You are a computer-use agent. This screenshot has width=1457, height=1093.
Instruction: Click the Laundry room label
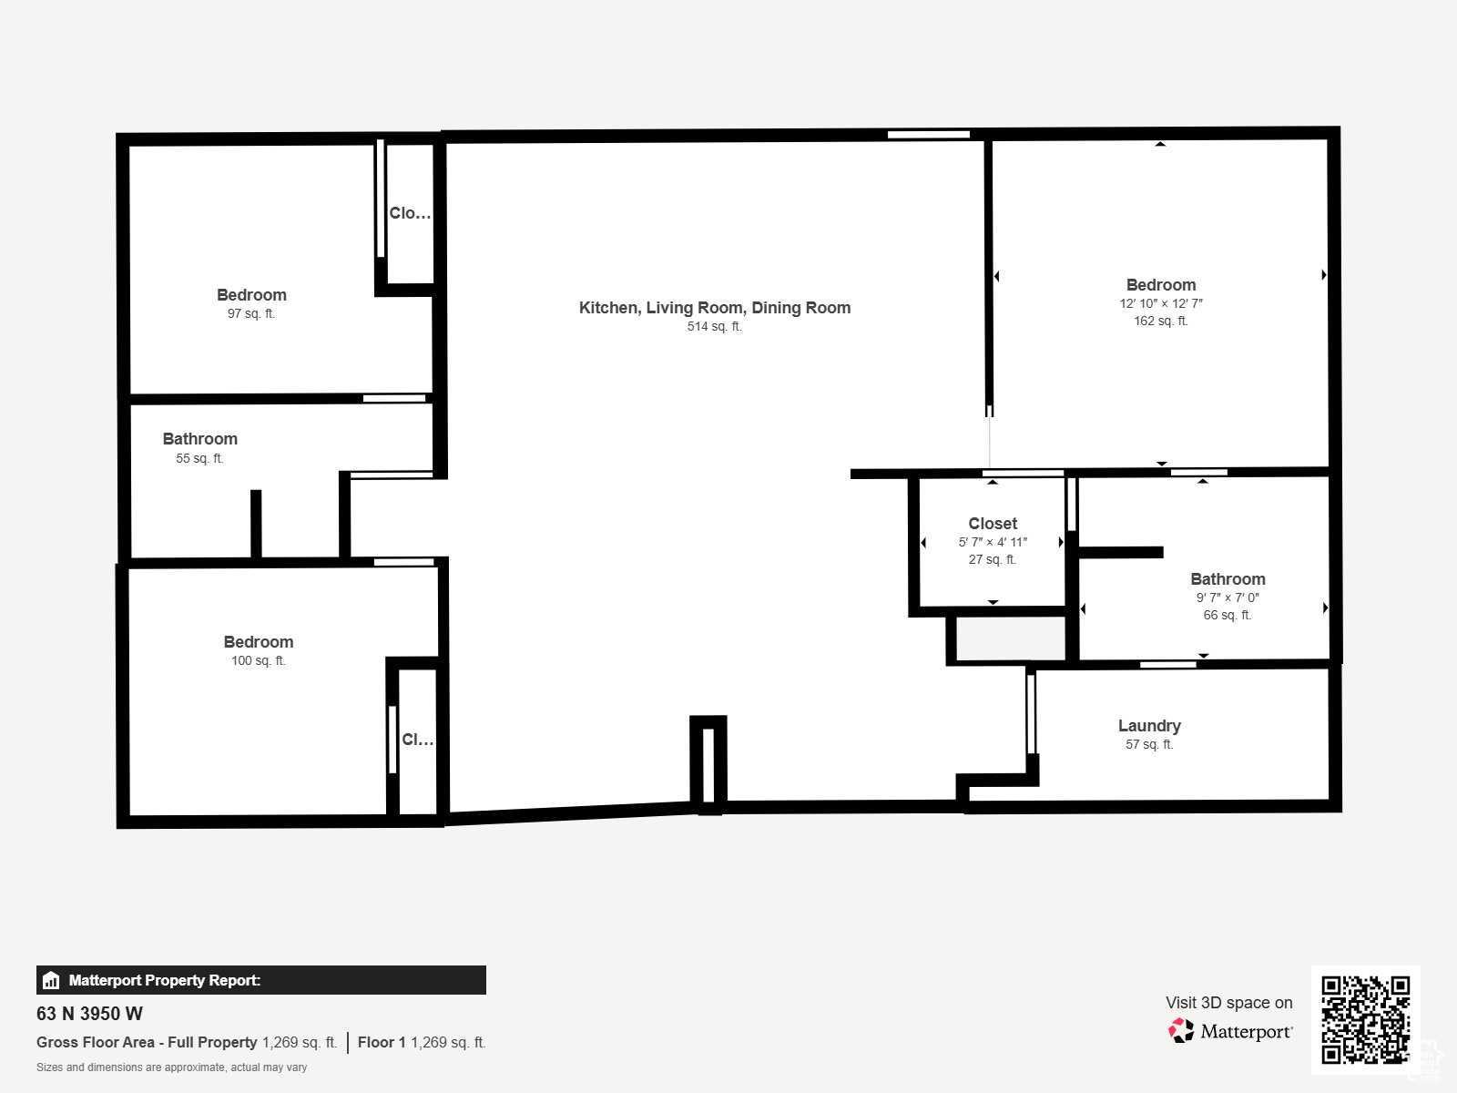[x=1149, y=725]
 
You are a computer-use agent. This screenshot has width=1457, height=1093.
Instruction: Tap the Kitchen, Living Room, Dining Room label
[x=714, y=307]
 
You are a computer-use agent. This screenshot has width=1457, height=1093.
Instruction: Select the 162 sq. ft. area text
[x=1160, y=321]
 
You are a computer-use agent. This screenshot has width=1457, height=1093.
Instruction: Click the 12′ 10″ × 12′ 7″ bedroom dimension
[x=1161, y=303]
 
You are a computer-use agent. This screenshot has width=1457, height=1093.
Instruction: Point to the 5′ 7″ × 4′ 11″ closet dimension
[x=993, y=542]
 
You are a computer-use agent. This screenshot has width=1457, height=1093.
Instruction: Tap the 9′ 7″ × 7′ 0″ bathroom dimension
[x=1228, y=598]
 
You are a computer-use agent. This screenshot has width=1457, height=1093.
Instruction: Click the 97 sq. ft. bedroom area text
[x=251, y=313]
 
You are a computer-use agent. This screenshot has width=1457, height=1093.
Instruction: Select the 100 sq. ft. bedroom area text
[x=259, y=660]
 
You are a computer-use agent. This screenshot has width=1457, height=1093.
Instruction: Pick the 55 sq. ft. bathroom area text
[x=199, y=458]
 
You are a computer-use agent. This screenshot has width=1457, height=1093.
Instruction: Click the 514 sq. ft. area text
[x=714, y=326]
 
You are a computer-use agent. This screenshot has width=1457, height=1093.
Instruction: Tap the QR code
[x=1365, y=1019]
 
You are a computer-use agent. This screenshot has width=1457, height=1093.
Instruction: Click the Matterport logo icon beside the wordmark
[x=1181, y=1031]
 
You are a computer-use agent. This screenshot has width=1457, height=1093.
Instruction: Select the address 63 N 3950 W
[x=89, y=1014]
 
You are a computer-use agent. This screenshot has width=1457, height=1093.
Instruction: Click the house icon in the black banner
[x=51, y=980]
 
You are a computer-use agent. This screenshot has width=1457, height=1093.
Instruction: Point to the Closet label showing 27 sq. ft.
[x=993, y=523]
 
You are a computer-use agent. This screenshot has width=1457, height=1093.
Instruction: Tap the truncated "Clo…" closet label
[x=410, y=213]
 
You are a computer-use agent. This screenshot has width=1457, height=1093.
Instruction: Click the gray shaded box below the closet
[x=1011, y=638]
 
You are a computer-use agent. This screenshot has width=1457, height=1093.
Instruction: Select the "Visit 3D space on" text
[x=1229, y=1002]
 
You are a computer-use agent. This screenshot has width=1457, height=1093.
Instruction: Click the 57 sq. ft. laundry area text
[x=1149, y=744]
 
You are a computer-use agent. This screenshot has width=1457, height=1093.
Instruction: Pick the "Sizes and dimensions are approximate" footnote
[x=172, y=1067]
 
